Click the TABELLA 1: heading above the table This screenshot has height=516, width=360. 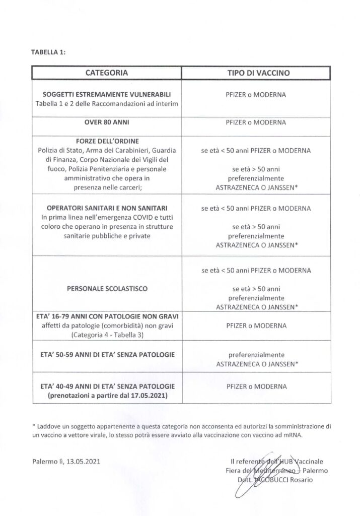(x=48, y=51)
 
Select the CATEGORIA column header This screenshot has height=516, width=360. (x=106, y=73)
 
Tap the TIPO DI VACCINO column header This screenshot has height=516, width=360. (x=256, y=73)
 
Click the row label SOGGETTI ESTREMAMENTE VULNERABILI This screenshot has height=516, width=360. (x=106, y=95)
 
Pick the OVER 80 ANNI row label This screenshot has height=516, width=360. (x=106, y=122)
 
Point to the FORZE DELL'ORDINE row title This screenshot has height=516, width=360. (x=106, y=142)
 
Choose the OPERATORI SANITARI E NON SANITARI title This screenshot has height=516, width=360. (x=106, y=208)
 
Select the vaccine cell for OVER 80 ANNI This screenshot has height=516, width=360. (x=256, y=122)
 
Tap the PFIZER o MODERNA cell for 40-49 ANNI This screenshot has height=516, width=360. (x=256, y=386)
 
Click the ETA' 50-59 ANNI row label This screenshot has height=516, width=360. (x=106, y=356)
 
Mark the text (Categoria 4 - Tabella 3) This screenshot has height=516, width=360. (x=106, y=334)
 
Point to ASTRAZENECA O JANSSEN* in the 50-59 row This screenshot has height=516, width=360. (x=256, y=363)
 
